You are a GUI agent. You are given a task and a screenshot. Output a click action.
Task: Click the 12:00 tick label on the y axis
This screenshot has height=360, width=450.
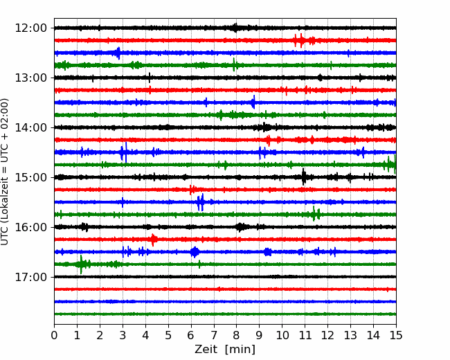pos(30,28)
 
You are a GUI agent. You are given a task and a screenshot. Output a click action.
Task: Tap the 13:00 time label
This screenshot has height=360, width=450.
pos(30,78)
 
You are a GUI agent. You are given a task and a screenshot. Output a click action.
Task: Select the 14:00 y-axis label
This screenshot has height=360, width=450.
pos(30,127)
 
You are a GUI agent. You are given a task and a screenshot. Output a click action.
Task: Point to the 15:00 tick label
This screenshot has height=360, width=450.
pos(30,177)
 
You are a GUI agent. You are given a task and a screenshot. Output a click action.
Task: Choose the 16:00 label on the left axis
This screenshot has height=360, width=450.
pos(30,227)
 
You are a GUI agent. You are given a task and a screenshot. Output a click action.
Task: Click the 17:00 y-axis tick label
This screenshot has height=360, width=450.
pos(30,277)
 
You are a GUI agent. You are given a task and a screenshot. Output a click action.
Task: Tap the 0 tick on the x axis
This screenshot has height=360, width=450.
pos(54,335)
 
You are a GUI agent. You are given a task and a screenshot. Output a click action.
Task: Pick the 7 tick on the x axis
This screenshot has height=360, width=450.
pos(213,335)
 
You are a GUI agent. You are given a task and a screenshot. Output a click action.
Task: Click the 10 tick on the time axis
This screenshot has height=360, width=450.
pos(282,335)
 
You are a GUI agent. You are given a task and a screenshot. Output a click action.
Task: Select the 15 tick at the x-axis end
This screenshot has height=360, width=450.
pos(396,335)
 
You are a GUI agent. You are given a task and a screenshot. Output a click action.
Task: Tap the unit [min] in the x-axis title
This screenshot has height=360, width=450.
pos(240,350)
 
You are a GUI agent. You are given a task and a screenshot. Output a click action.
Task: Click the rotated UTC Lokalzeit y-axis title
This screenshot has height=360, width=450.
pos(4,172)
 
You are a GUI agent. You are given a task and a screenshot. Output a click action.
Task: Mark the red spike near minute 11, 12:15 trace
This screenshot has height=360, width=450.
pos(301,40)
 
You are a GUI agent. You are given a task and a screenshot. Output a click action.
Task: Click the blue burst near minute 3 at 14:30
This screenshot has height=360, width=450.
pos(124,152)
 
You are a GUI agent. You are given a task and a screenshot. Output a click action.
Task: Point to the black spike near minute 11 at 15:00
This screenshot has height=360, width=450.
pos(304,177)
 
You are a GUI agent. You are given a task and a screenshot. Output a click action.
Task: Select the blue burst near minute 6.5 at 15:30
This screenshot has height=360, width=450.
pos(201,202)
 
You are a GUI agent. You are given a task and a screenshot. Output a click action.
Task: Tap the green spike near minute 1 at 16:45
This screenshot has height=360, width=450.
pos(81,264)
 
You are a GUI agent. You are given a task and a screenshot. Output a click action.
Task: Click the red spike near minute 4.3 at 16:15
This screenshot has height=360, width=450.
pos(153,240)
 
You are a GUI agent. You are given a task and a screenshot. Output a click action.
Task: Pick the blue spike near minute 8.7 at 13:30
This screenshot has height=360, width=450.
pos(253,102)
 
